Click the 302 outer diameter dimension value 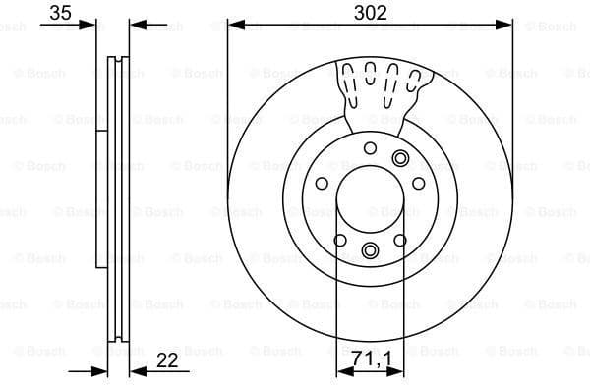(370, 13)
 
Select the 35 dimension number (60, 13)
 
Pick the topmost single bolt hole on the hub (370, 148)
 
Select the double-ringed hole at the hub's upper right (399, 158)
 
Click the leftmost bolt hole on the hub (322, 184)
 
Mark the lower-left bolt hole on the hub (339, 241)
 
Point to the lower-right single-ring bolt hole (400, 241)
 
